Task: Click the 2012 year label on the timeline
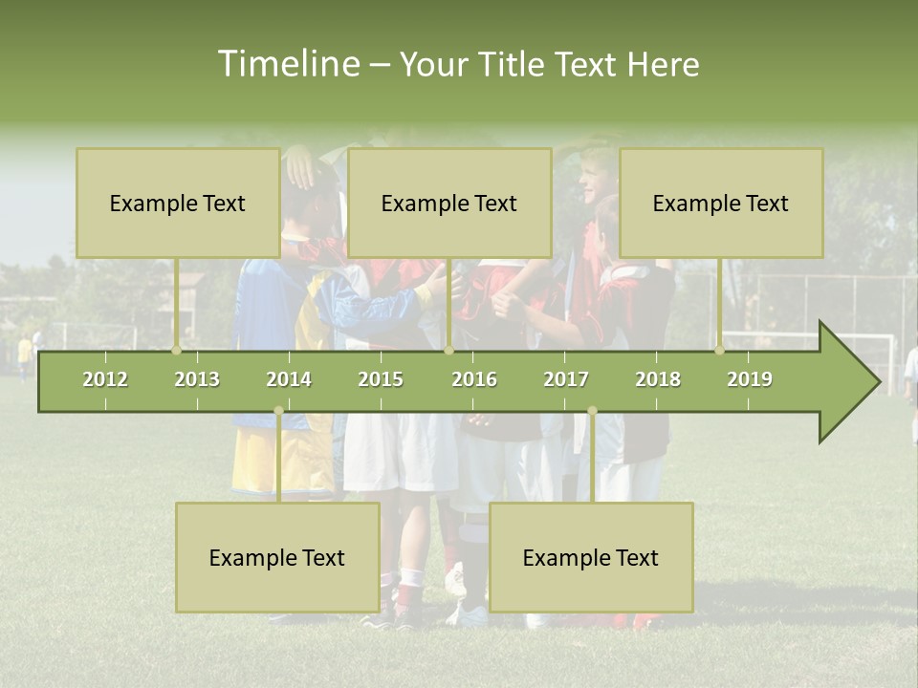point(105,379)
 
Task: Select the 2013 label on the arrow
point(197,379)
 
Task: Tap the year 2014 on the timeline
point(289,379)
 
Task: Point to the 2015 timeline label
point(381,379)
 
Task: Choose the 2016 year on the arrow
point(474,379)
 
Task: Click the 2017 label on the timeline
point(566,379)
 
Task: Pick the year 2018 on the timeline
point(658,379)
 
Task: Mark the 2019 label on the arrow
point(750,379)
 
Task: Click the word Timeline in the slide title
point(288,64)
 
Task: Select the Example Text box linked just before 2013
point(178,203)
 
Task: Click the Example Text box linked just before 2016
point(449,203)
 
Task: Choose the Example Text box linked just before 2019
point(721,203)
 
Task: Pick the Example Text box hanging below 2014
point(277,557)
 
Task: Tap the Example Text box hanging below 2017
point(591,557)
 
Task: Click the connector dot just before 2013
point(177,350)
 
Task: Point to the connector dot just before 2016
point(448,350)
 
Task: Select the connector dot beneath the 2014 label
point(278,411)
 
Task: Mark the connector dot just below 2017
point(592,411)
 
